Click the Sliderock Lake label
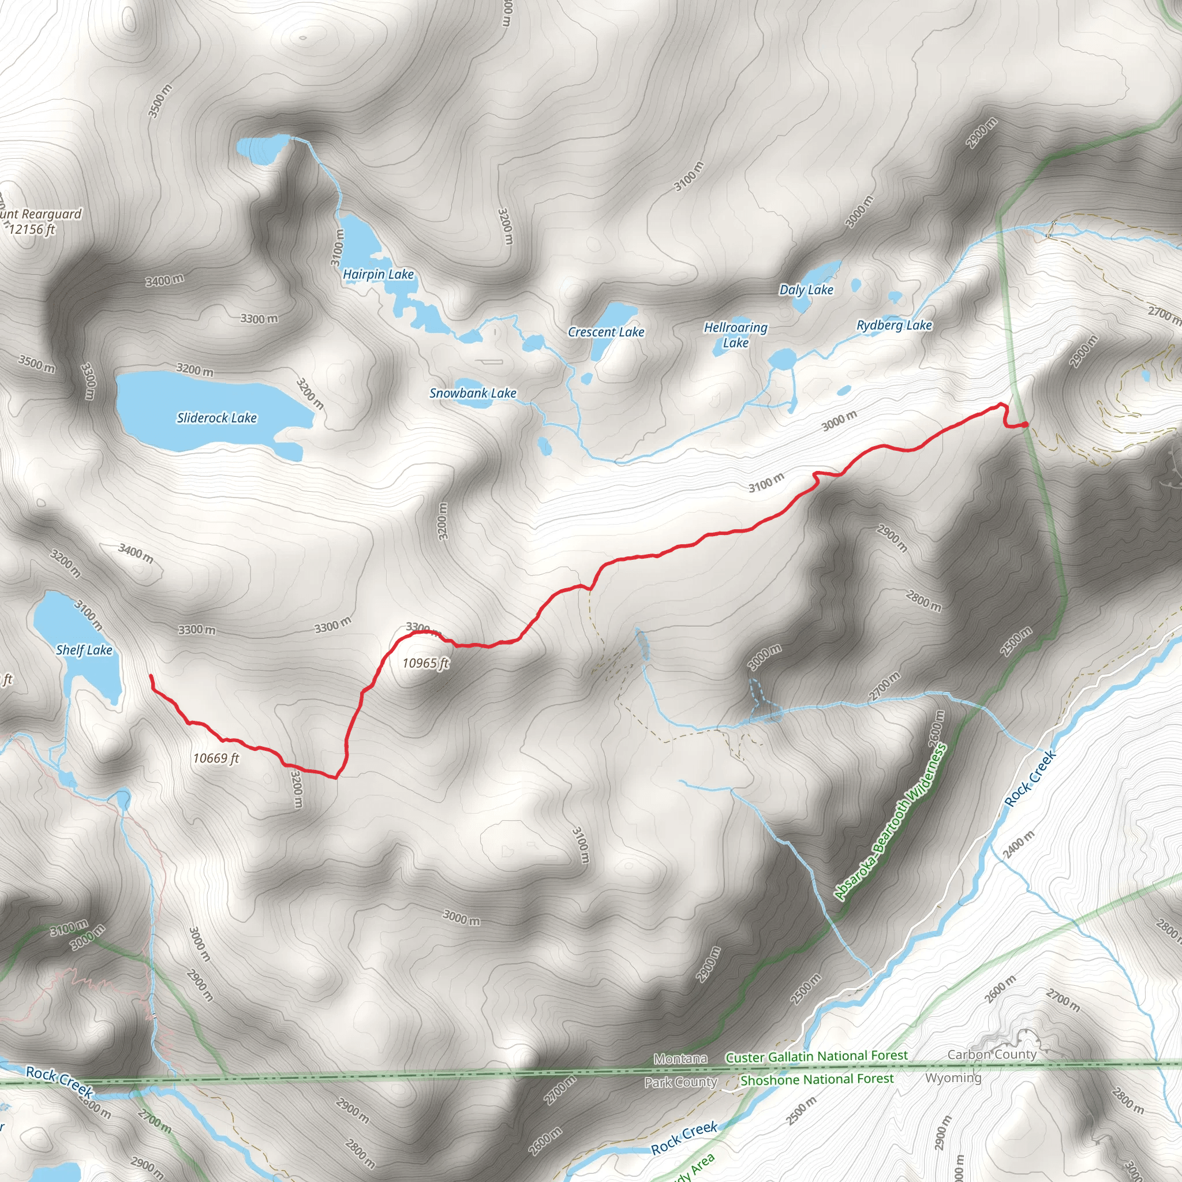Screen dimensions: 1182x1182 216,418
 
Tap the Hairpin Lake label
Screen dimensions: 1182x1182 378,275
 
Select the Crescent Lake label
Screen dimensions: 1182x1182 605,332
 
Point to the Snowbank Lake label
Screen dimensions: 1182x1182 472,394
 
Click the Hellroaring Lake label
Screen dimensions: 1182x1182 735,335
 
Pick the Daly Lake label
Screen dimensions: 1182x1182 806,290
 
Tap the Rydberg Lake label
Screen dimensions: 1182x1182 894,326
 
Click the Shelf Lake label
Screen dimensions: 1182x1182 84,650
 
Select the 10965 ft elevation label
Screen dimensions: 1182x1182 426,663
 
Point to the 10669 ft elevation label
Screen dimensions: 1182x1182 216,758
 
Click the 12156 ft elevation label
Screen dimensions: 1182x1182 32,230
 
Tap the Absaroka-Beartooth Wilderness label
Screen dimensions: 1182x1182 890,822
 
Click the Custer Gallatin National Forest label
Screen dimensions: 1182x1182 816,1057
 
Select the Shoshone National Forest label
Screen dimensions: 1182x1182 817,1079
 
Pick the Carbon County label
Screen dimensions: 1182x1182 992,1055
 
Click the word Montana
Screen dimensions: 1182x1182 680,1059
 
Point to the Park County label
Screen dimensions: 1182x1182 680,1082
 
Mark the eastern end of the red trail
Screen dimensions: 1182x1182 1026,424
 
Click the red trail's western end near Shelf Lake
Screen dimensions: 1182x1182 151,675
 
